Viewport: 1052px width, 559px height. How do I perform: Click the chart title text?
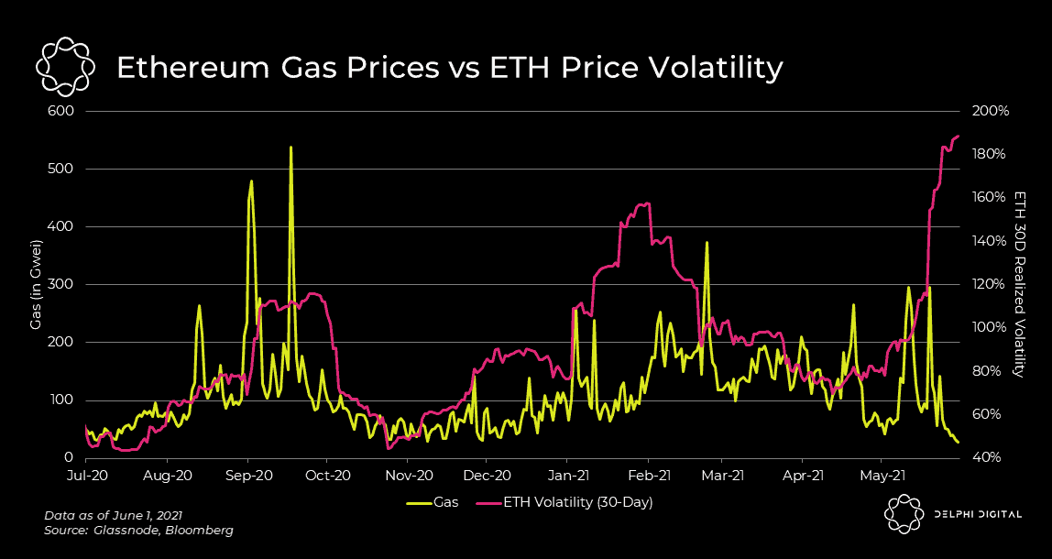(x=449, y=69)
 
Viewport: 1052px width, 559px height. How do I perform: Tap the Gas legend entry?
(x=433, y=502)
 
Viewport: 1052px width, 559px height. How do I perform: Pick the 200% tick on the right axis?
(x=991, y=111)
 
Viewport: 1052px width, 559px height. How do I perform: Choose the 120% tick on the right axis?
(x=991, y=284)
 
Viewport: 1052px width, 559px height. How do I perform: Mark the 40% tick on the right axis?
(x=989, y=457)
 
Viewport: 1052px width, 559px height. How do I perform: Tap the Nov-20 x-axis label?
(x=409, y=476)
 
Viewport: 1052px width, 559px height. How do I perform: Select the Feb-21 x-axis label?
(x=650, y=476)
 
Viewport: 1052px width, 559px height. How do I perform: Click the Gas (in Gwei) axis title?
(x=36, y=284)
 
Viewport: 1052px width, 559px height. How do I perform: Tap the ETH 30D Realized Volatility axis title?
(x=1019, y=284)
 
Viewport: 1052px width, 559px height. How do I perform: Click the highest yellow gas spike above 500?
(x=290, y=148)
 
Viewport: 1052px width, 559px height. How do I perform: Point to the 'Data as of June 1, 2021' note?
(x=119, y=516)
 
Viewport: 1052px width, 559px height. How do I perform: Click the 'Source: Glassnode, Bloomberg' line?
(x=138, y=531)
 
